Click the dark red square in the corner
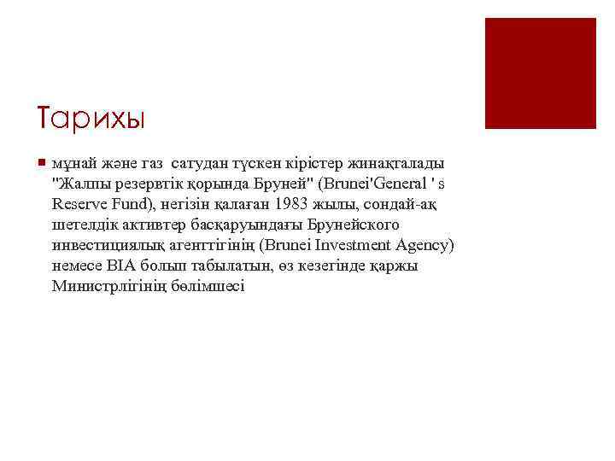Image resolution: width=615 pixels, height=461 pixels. tap(540, 73)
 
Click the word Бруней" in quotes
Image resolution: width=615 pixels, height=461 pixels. tap(284, 183)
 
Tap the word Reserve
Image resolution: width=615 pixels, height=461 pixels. tap(78, 203)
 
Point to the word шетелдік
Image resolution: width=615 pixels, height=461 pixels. tap(83, 225)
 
